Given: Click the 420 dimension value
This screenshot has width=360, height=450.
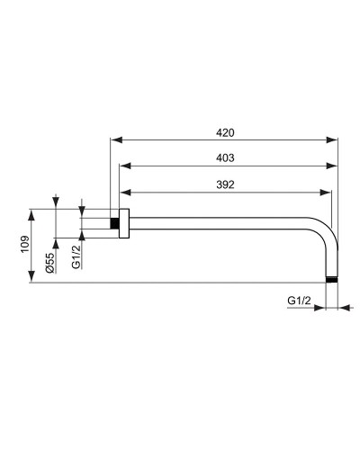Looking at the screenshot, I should [x=225, y=132].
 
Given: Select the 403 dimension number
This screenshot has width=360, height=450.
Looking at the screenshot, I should [x=225, y=157].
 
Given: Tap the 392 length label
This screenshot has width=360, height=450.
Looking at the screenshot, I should [x=225, y=184].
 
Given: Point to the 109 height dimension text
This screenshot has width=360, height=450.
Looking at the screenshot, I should [x=24, y=247].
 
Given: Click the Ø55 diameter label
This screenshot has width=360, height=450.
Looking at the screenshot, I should [x=51, y=262].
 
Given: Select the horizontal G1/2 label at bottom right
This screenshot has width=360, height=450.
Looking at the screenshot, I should [x=299, y=300].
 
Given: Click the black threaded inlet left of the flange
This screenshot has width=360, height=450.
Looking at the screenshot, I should [x=114, y=223].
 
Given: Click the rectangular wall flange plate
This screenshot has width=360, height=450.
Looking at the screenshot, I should [x=126, y=223].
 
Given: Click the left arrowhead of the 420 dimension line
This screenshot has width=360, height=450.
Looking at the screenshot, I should [x=113, y=139].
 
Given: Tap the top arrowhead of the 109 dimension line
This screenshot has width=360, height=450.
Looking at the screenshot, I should [x=31, y=212].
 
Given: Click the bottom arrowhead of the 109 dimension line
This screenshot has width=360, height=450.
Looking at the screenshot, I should [x=31, y=280].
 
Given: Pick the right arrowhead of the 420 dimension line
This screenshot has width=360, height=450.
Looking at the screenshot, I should [x=337, y=139].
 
